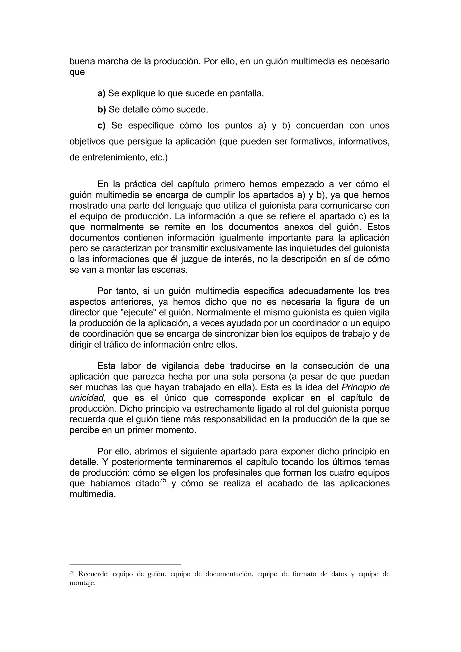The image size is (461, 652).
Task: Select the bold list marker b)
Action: pos(102,109)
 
